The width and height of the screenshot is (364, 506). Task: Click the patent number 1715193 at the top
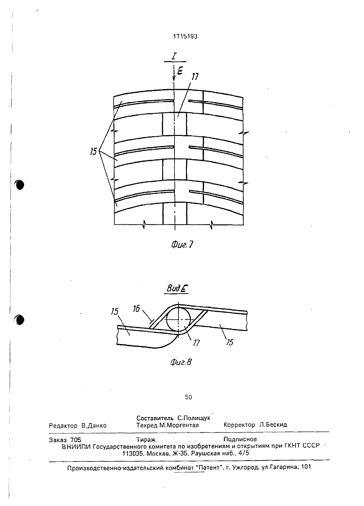tap(185, 36)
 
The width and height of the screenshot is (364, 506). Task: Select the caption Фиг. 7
tap(182, 245)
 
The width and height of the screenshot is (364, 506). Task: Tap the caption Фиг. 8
tap(181, 362)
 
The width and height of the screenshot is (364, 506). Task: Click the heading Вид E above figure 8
tap(177, 288)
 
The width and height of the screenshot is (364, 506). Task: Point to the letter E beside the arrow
tap(180, 71)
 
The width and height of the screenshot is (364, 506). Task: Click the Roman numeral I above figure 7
tap(174, 56)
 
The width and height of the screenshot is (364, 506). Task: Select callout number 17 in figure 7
tap(195, 76)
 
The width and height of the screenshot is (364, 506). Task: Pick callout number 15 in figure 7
tap(94, 151)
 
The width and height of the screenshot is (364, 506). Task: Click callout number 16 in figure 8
tap(136, 309)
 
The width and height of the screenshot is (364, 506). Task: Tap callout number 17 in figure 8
tap(196, 343)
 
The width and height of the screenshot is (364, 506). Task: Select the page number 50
tap(188, 397)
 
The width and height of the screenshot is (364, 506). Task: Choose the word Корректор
tap(239, 425)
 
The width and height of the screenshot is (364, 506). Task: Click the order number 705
tap(76, 440)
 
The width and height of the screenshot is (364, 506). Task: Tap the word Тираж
tap(146, 440)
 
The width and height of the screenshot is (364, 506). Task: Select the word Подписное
tap(240, 439)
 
